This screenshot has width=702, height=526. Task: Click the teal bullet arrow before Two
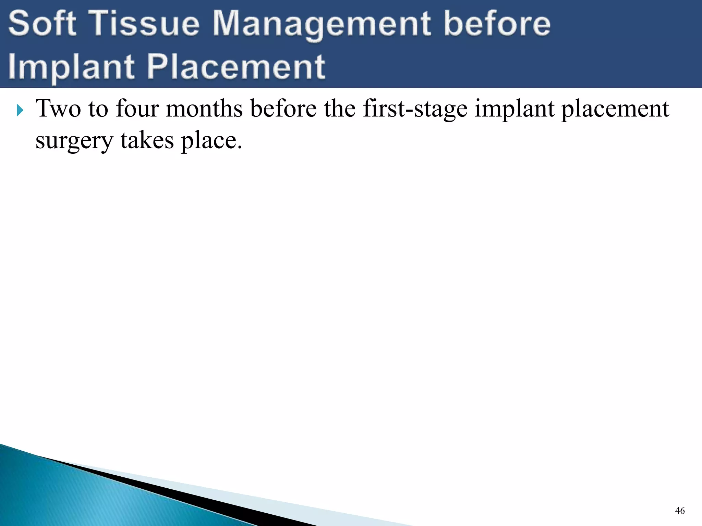tap(20, 110)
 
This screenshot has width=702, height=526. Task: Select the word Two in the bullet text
tap(58, 109)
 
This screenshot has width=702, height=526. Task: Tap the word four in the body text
tap(137, 109)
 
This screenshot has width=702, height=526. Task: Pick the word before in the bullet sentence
tap(283, 109)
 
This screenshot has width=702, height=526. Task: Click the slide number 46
tap(680, 511)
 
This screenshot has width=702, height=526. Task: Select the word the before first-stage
tap(340, 109)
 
